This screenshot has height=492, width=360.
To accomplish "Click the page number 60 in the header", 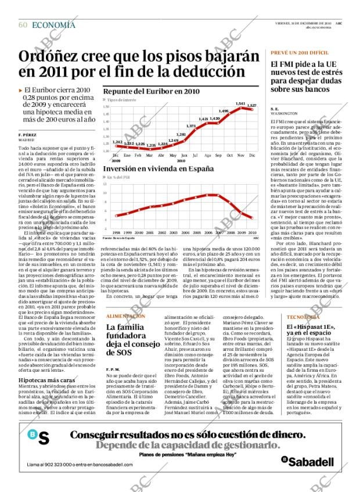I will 23,24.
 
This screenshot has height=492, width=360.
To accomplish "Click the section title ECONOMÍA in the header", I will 53,24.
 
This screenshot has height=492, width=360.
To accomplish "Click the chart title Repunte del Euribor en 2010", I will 151,91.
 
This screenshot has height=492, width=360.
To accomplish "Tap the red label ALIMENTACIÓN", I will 125,316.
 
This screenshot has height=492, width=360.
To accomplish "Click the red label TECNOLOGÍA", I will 304,317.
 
